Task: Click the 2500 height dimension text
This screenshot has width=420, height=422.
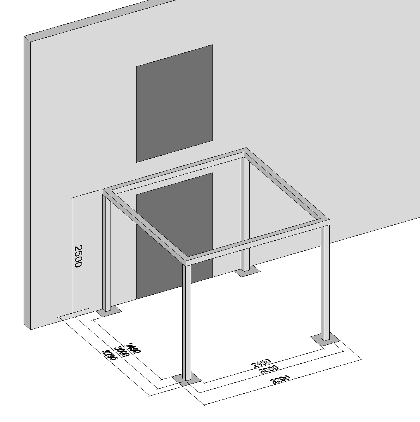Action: pos(78,256)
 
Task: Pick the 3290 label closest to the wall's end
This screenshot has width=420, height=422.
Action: pos(110,356)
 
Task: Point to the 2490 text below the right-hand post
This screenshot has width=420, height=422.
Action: pos(261,364)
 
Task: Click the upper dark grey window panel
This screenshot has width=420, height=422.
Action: pos(174,103)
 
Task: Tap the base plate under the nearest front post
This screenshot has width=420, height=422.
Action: pos(187,379)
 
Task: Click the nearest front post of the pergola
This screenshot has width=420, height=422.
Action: pos(187,322)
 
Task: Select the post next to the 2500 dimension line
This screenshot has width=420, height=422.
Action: pos(106,252)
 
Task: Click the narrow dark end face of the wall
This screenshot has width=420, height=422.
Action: pos(27,182)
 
